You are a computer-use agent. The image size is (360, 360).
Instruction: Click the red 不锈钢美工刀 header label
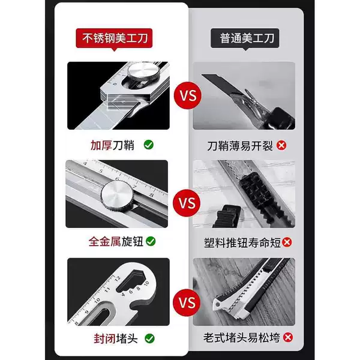(114, 38)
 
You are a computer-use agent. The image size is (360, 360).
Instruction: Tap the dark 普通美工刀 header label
(245, 38)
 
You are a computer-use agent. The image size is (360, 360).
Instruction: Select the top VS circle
(188, 95)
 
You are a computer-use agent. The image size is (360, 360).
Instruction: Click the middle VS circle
(187, 203)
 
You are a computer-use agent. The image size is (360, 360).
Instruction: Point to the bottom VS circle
(187, 302)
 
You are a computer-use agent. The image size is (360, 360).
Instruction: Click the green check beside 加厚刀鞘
(149, 145)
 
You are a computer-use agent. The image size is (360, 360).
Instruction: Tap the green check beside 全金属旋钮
(151, 241)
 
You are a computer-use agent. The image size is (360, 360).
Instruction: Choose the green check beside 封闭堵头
(149, 338)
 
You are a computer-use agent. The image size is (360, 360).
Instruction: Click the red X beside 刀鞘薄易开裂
(281, 145)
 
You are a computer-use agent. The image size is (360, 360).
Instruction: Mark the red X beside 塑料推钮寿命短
(287, 242)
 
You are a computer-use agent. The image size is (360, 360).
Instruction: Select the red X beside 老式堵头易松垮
(288, 337)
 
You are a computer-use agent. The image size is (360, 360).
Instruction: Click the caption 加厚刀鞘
(112, 145)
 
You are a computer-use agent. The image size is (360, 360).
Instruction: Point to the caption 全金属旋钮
(116, 242)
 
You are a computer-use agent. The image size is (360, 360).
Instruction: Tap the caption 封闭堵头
(116, 338)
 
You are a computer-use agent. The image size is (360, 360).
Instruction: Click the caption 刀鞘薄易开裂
(240, 146)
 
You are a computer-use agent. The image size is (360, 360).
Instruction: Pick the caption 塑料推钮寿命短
(242, 242)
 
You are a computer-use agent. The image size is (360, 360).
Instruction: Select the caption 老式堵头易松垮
(242, 338)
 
